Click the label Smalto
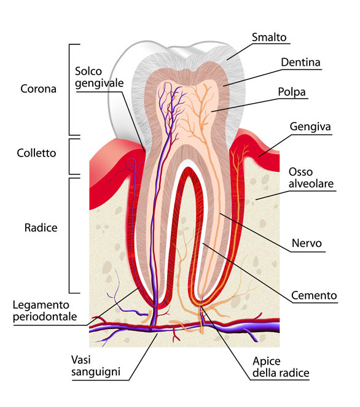[x=269, y=37]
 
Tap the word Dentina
[x=300, y=63]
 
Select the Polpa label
[x=292, y=92]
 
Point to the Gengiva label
[x=310, y=127]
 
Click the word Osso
[x=300, y=172]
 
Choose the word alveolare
[x=311, y=184]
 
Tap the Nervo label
[x=307, y=244]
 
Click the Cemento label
[x=314, y=296]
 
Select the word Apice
[x=267, y=362]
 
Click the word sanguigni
[x=96, y=372]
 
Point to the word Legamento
[x=41, y=305]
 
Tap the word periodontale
[x=45, y=317]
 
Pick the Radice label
[x=41, y=228]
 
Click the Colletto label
[x=36, y=153]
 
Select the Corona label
[x=39, y=89]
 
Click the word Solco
[x=88, y=71]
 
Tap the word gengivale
[x=100, y=83]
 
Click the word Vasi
[x=81, y=360]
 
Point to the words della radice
[x=281, y=373]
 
